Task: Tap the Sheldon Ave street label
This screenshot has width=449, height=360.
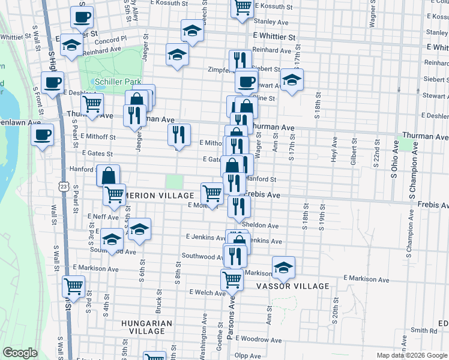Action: coord(264,226)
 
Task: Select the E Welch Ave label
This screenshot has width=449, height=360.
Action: coord(206,292)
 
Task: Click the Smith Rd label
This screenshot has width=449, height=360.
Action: coord(424,331)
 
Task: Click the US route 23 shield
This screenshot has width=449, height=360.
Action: coord(64,188)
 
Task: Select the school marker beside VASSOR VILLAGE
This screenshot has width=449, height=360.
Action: coord(284,267)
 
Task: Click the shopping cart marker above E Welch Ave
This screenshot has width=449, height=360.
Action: coord(232,278)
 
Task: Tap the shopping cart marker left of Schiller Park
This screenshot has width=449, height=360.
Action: coord(92,104)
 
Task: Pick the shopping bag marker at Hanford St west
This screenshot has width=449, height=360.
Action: coord(108,175)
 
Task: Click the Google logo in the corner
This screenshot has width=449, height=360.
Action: coord(20,353)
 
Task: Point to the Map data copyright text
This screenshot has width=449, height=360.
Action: coord(412,355)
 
